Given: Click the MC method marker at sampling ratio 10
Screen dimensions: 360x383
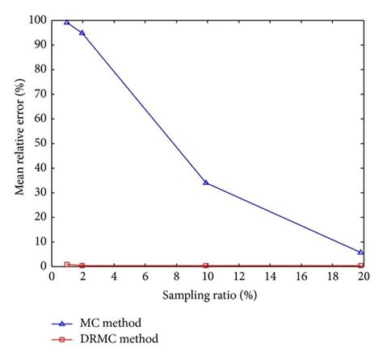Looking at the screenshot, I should point(206,182).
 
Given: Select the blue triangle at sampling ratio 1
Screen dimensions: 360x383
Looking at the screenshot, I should point(66,22).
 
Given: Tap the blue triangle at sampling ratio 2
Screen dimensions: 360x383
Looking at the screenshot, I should point(82,32).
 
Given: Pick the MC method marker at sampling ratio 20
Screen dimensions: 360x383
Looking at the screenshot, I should point(361,252).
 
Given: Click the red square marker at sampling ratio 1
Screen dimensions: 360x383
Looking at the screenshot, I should point(66,264).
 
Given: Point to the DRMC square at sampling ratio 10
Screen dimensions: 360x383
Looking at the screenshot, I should point(206,265).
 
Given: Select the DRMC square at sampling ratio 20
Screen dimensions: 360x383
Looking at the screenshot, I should point(361,265).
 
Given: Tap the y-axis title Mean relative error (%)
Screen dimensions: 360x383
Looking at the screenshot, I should point(19,141).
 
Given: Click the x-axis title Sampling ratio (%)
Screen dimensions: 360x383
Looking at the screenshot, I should point(207,296).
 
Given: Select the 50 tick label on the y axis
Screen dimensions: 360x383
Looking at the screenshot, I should point(38,143).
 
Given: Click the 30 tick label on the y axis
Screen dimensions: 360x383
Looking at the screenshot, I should point(38,192).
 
